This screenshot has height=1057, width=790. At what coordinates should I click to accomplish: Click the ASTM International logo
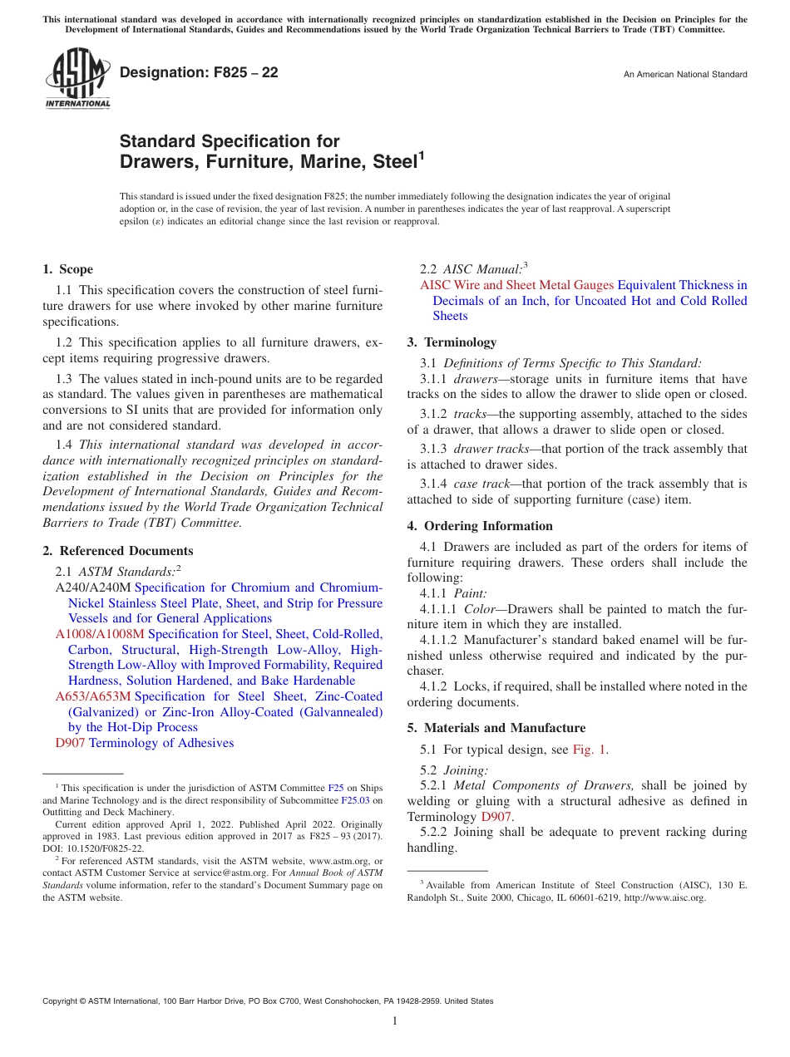pos(77,80)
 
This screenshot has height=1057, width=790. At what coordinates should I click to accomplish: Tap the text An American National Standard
pos(685,75)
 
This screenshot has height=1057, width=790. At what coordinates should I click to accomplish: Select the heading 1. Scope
pos(67,269)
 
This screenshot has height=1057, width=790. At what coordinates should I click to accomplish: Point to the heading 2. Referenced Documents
pos(117,551)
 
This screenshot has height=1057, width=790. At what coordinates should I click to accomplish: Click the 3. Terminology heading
pos(452,342)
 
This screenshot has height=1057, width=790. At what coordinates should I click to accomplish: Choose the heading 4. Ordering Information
pos(480,526)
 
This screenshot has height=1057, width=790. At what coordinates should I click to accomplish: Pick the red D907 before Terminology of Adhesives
pos(70,743)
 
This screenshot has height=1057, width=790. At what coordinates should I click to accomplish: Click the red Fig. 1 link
pos(590,750)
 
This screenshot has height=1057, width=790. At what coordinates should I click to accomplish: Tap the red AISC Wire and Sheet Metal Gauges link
pos(516,285)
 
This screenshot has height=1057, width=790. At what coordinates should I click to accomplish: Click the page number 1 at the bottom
pos(395,1020)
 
